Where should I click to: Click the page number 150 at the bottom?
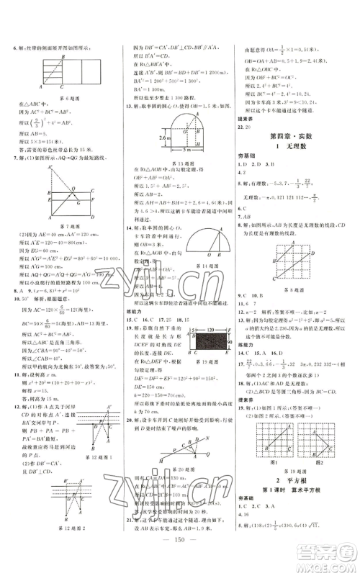tap(180, 555)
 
